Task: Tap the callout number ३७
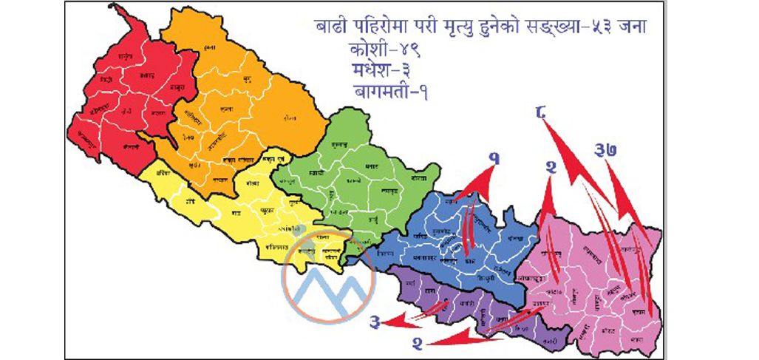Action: [604, 152]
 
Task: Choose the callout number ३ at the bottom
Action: [376, 322]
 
